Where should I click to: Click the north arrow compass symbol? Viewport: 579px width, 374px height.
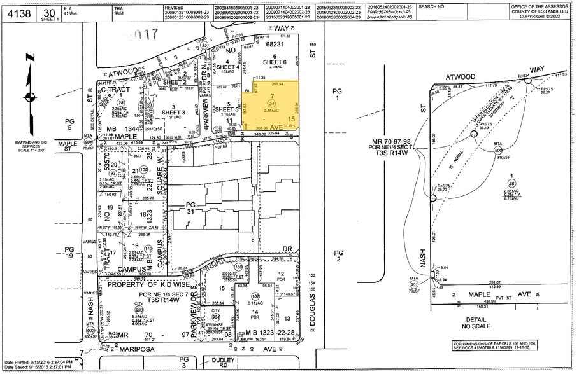click(29, 97)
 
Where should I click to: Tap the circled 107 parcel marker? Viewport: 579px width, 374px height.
click(255, 296)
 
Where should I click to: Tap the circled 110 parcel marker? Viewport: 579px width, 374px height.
click(148, 249)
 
